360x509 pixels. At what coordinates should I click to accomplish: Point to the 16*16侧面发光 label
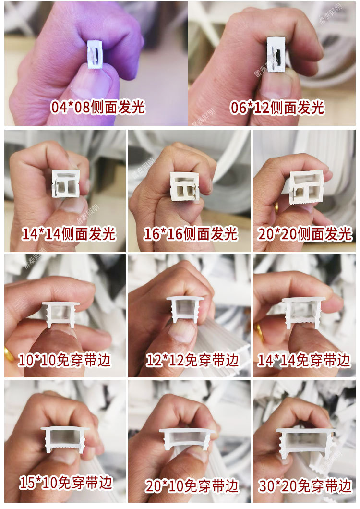[191, 234]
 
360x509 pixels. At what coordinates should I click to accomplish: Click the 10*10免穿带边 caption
[65, 360]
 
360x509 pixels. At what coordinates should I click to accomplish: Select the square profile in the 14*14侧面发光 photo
[65, 183]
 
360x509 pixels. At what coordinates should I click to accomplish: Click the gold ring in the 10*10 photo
[9, 354]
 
